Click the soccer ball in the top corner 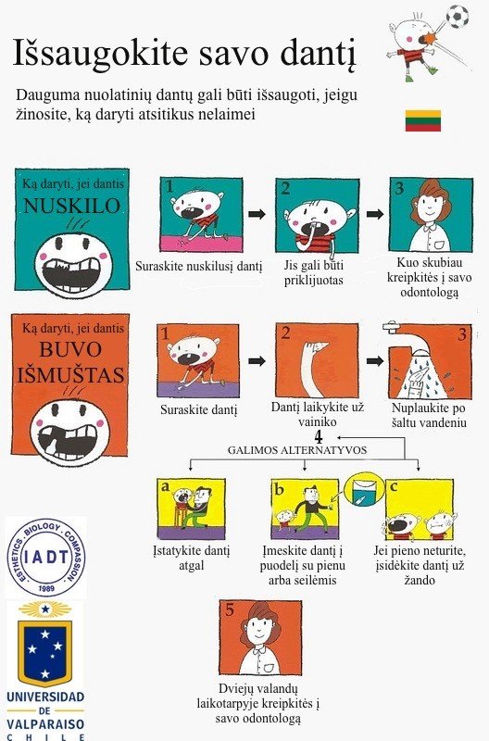(458, 17)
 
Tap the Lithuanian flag (423, 120)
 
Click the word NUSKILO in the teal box (72, 206)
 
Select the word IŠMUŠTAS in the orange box (71, 375)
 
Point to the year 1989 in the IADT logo (46, 588)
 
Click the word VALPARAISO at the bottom (45, 724)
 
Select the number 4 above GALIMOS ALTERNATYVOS (319, 437)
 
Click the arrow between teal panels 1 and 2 (257, 214)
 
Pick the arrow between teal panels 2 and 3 (375, 214)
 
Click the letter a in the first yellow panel (165, 486)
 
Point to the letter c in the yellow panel (393, 486)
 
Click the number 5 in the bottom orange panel (230, 609)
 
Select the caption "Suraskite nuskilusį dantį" (198, 266)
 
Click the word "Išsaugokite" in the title (100, 53)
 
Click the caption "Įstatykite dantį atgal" (192, 559)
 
